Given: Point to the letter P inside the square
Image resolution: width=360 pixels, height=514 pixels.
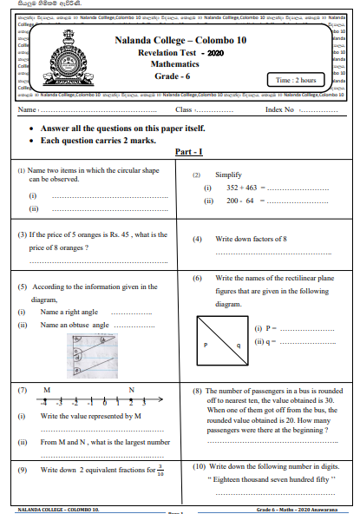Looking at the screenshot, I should [206, 345].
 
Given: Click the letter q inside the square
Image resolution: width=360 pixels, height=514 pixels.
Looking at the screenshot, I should [237, 345].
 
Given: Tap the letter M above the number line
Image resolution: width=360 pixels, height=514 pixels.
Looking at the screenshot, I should [45, 390].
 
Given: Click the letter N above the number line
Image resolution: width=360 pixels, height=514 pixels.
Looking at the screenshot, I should [131, 390].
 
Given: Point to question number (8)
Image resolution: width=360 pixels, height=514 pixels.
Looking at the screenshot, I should [198, 391].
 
